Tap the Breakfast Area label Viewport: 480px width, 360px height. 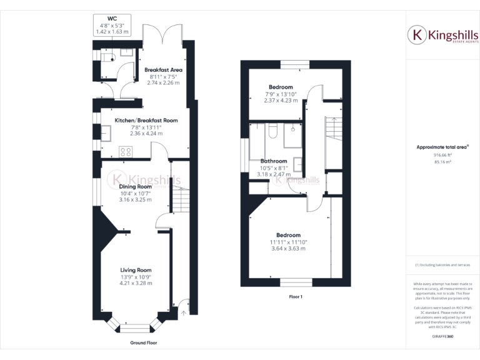click(162, 70)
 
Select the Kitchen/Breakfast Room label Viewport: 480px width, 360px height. click(146, 120)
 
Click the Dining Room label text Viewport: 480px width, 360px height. click(136, 186)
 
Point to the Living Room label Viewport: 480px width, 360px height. click(136, 269)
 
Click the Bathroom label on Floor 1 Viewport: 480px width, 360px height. click(274, 161)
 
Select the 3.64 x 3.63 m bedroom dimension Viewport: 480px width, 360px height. click(288, 249)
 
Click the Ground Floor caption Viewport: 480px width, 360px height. click(143, 343)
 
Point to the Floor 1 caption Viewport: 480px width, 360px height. click(296, 297)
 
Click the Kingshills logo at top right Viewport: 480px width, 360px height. click(443, 36)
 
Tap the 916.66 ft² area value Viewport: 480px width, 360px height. click(442, 155)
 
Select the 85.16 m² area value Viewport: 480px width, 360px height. click(442, 162)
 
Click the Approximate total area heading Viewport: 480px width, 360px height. click(442, 147)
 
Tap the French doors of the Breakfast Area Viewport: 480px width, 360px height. click(163, 34)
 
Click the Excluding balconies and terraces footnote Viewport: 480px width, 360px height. click(442, 265)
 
